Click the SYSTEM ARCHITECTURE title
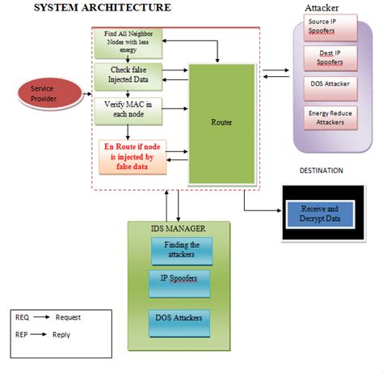tap(101, 7)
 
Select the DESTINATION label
tap(321, 171)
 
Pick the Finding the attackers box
tap(181, 250)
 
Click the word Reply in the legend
tap(61, 333)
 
